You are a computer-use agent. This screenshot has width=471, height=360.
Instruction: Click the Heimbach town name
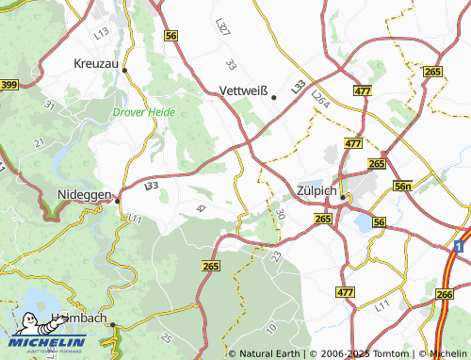pos(81,319)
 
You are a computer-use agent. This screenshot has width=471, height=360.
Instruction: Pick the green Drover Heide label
pos(144,111)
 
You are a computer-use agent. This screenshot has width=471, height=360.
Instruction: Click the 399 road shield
pos(8,86)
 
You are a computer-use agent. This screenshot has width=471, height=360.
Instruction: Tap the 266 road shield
pos(444,295)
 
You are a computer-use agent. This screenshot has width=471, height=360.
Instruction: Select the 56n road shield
pos(403,188)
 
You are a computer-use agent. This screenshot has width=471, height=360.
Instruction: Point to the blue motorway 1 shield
pos(457,245)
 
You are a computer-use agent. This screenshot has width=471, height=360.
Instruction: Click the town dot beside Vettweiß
pos(274,96)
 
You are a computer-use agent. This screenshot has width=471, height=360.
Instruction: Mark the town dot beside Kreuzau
pos(124,70)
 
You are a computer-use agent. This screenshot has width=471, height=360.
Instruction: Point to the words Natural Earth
pos(270,353)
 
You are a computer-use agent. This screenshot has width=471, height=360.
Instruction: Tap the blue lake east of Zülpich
pos(362,223)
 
